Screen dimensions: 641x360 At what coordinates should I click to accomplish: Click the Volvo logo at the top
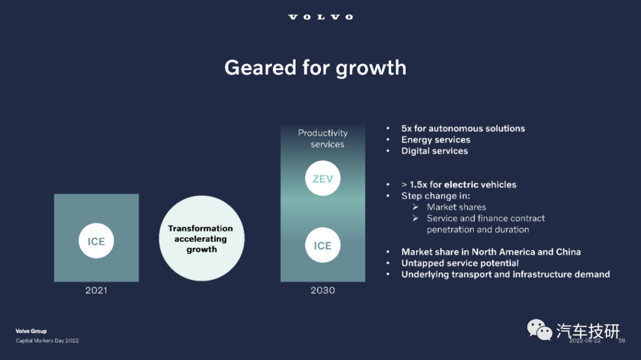click(320, 17)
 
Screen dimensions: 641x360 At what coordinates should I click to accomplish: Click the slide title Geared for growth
click(315, 68)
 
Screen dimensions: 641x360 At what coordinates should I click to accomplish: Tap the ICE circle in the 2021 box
click(97, 241)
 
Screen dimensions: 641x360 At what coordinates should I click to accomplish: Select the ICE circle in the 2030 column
click(322, 245)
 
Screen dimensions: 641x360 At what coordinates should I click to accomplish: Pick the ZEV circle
click(322, 178)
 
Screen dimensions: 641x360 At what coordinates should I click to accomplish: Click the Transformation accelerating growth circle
click(202, 238)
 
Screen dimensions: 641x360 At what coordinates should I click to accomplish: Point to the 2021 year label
click(97, 291)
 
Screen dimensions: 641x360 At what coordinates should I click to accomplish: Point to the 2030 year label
click(322, 291)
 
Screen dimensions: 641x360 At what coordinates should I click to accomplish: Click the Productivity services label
click(322, 139)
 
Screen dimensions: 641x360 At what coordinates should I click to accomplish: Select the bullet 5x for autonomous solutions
click(463, 128)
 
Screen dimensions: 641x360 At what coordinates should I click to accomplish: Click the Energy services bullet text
click(436, 140)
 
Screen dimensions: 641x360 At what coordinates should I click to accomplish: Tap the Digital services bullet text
click(434, 151)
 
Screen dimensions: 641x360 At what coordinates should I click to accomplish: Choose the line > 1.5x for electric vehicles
click(459, 184)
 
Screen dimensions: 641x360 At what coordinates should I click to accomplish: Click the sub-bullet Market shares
click(456, 207)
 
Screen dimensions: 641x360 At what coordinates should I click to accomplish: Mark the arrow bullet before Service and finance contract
click(415, 218)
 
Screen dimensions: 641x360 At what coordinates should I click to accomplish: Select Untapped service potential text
click(460, 263)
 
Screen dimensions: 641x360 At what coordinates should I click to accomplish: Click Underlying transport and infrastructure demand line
click(505, 275)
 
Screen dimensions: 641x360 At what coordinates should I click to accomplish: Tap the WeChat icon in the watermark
click(539, 330)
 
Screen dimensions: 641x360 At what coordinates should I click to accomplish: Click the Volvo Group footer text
click(31, 331)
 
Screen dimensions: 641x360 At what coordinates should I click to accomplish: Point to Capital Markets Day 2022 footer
click(47, 340)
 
